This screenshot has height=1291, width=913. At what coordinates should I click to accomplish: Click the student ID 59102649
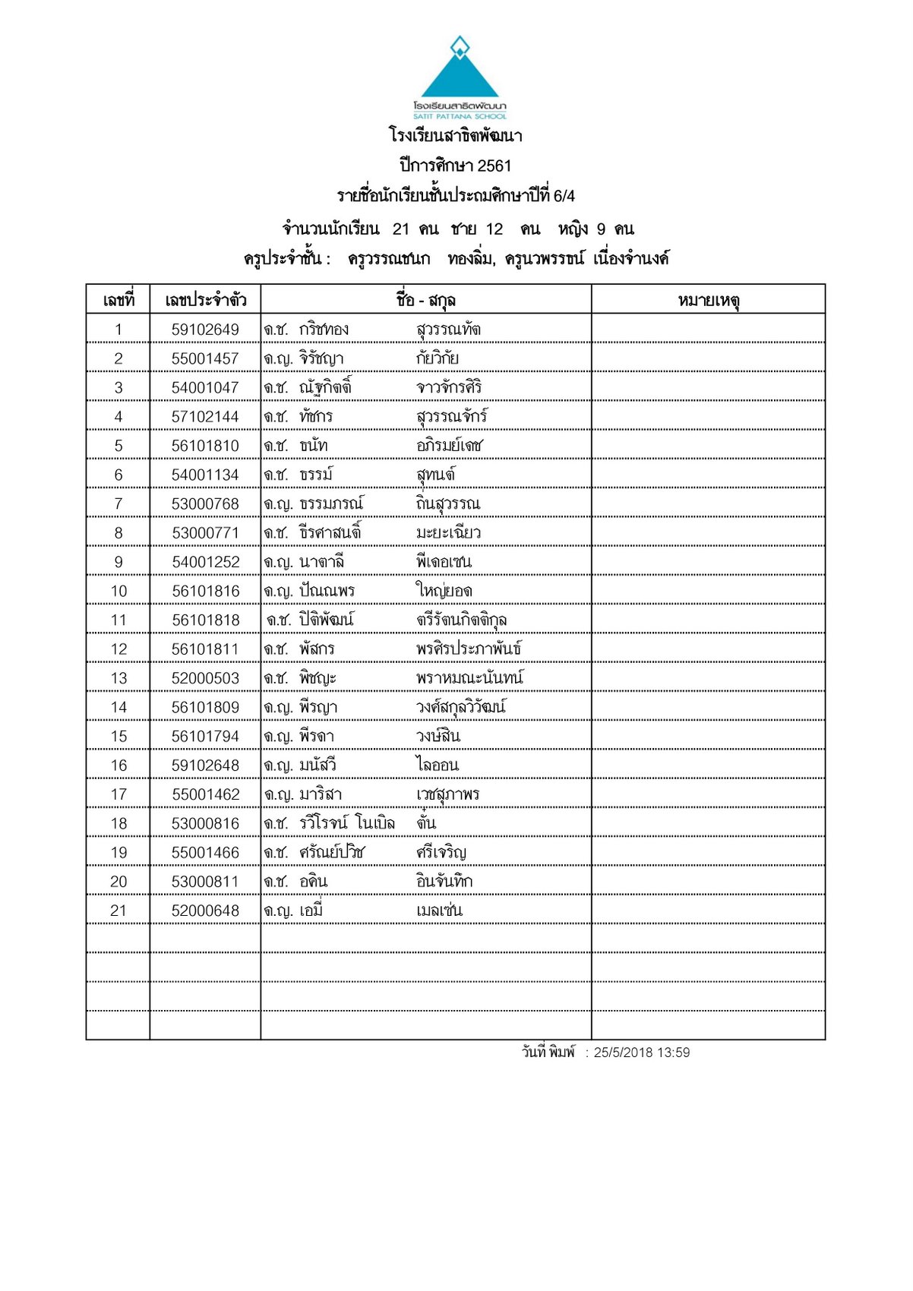click(x=205, y=330)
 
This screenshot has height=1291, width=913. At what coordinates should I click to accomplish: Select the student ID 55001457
click(x=205, y=358)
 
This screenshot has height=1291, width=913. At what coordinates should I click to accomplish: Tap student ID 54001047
click(x=205, y=388)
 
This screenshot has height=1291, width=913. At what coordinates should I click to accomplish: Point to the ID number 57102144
click(x=205, y=417)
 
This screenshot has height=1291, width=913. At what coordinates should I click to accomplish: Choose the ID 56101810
click(x=205, y=446)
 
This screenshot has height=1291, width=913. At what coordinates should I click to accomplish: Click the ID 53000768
click(x=205, y=504)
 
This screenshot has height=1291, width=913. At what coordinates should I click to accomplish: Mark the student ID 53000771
click(x=205, y=533)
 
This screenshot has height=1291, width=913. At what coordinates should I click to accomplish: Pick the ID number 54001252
click(x=205, y=562)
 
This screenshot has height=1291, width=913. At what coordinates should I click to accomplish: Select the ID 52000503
click(x=205, y=678)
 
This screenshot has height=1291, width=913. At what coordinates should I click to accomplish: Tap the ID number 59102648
click(x=205, y=765)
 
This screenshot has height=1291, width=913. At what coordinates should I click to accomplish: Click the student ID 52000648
click(x=205, y=911)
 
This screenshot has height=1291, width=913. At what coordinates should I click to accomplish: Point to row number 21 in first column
click(x=118, y=911)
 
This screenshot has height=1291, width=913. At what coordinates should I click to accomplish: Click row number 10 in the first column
click(x=118, y=591)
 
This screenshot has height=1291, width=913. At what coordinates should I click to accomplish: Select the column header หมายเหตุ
click(x=709, y=301)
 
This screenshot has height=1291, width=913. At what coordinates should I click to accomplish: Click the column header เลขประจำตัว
click(x=205, y=301)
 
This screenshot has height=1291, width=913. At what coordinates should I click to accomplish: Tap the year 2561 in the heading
click(x=494, y=166)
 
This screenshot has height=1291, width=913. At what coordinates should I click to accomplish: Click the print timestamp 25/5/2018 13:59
click(x=642, y=1053)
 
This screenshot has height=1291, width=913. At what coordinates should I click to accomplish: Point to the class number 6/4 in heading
click(x=564, y=196)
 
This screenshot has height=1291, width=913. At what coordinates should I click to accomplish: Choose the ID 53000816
click(x=205, y=823)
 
